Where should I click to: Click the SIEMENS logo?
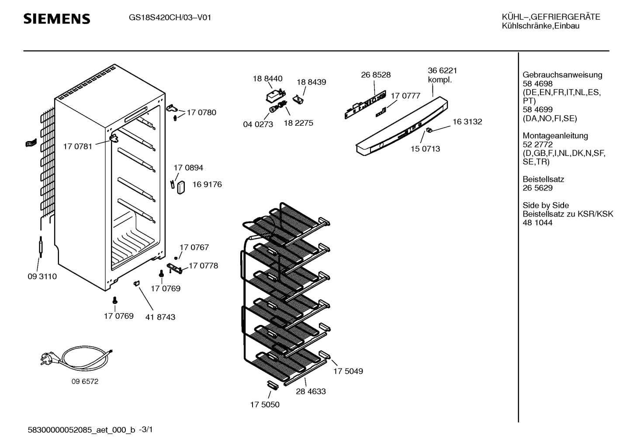point(57,19)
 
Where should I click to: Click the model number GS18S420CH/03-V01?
point(170,17)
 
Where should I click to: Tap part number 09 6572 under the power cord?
point(85,382)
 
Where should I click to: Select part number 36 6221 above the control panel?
point(443,70)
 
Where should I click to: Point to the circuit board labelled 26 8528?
point(365,104)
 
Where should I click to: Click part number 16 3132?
point(467,122)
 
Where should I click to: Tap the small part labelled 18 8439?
point(298,100)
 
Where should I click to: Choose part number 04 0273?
point(258,124)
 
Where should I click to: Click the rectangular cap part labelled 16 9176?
point(181,187)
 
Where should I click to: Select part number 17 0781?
point(78,146)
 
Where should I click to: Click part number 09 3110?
point(42,276)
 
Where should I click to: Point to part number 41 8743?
point(160,317)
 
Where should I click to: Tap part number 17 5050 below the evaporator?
point(265,404)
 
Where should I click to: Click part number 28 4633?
point(311,391)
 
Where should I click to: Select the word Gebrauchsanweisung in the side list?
point(563,75)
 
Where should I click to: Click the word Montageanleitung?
point(555,135)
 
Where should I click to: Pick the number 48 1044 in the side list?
point(537,223)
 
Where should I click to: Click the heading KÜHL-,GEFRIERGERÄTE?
point(551,17)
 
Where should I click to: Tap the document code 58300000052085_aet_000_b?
point(81,430)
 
